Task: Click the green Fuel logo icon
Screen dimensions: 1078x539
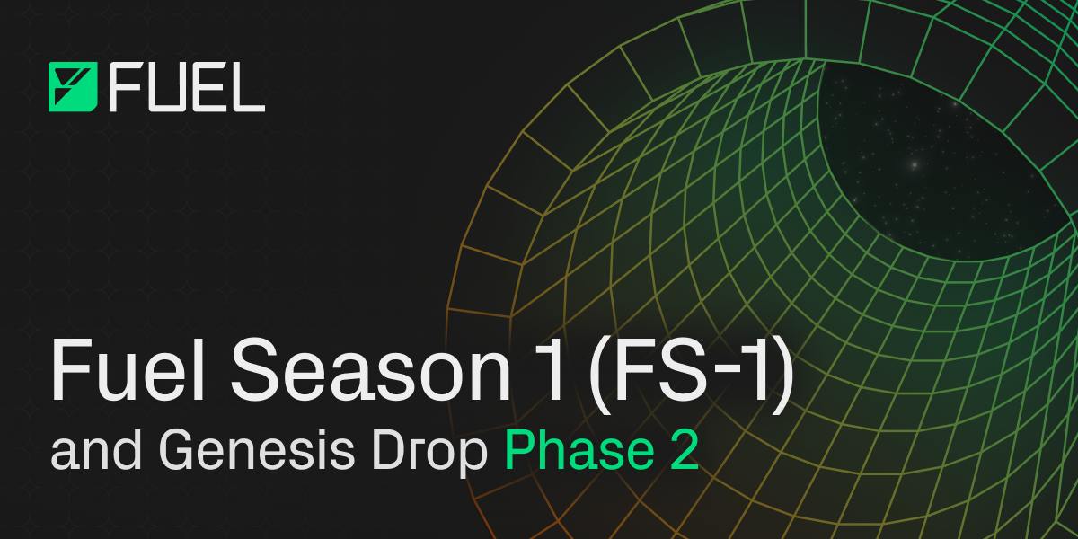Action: point(73,87)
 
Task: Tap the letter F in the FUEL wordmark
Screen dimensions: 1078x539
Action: point(124,87)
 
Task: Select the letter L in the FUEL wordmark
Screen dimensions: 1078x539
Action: point(248,87)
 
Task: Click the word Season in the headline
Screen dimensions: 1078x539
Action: point(370,370)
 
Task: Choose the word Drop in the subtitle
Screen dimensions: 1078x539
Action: point(429,455)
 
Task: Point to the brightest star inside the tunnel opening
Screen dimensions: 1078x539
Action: point(915,165)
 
